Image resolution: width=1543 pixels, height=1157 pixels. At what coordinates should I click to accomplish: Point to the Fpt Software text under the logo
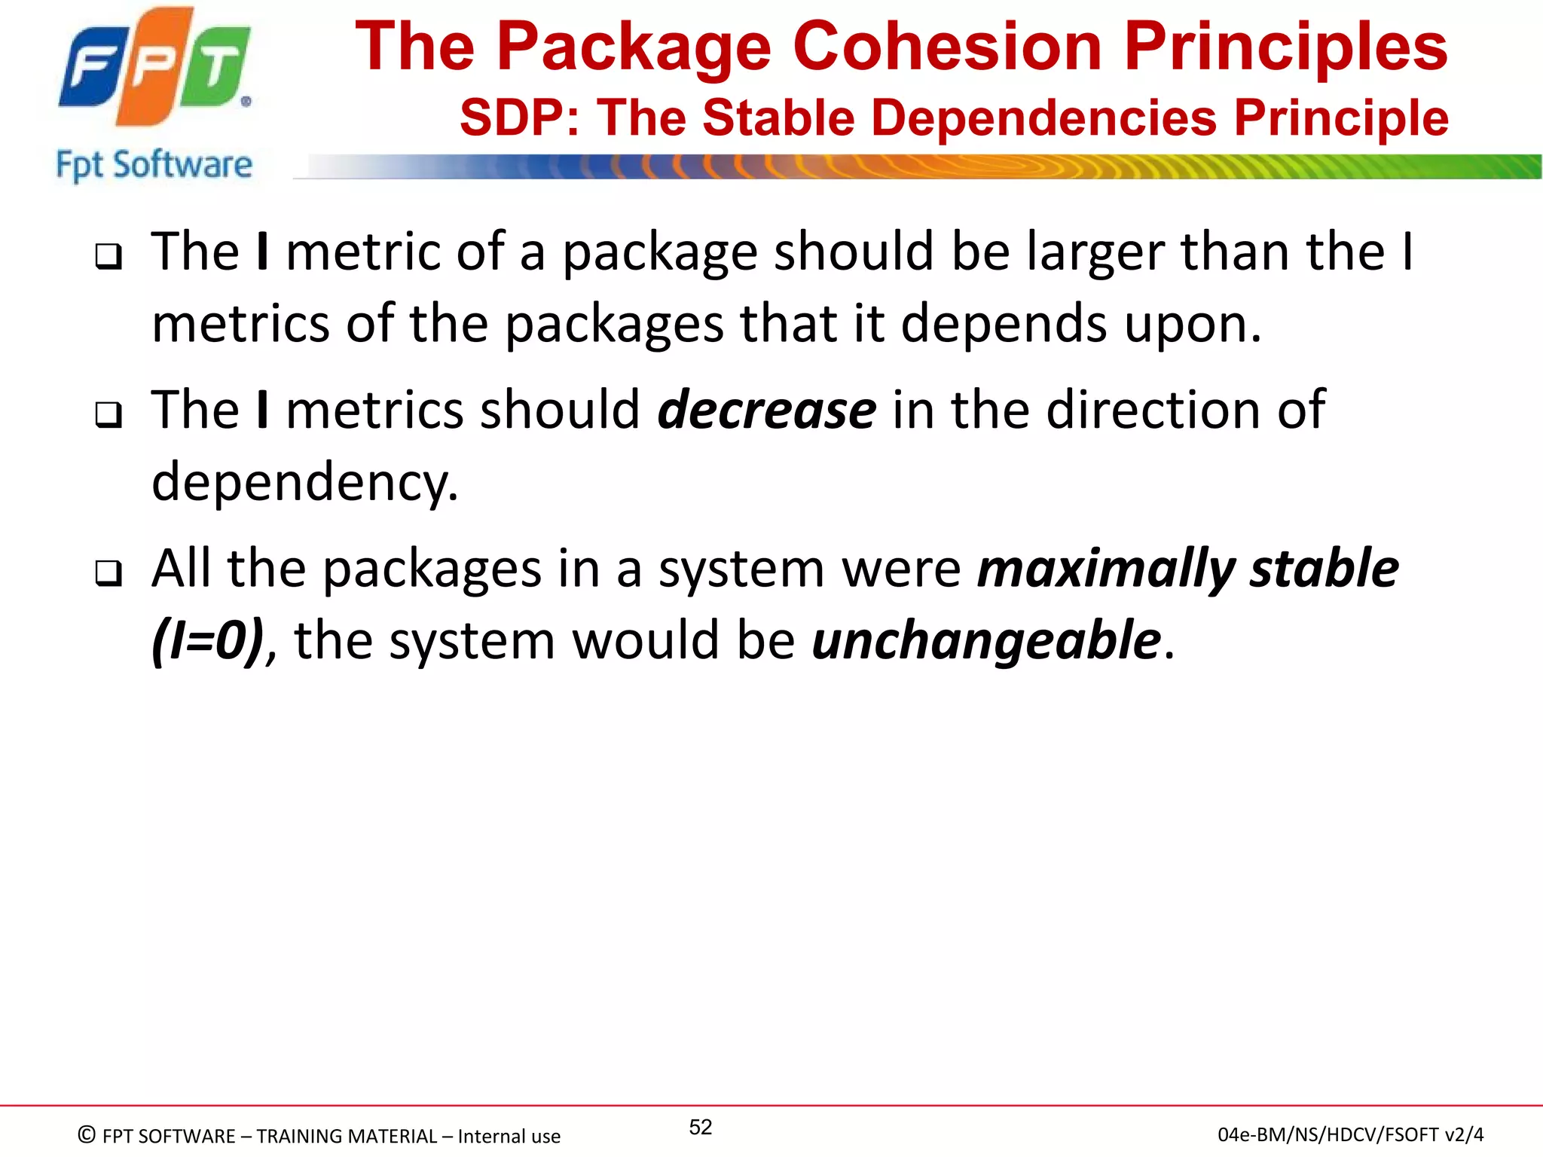[154, 165]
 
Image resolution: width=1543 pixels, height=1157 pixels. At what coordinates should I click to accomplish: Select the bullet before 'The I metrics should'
[108, 415]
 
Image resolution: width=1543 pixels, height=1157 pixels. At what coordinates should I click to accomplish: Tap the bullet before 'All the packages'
[108, 573]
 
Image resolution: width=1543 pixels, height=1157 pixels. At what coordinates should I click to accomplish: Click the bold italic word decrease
[766, 411]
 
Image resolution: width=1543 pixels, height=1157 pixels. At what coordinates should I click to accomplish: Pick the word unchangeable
[985, 641]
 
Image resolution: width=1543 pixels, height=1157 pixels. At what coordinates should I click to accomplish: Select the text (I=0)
[208, 641]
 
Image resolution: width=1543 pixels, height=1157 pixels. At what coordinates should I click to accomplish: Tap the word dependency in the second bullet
[304, 483]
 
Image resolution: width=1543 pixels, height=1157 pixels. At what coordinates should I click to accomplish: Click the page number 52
[701, 1127]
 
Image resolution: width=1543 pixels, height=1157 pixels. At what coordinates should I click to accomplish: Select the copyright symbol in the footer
[87, 1135]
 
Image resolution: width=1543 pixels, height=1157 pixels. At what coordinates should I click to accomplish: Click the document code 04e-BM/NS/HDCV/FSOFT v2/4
[1350, 1135]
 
